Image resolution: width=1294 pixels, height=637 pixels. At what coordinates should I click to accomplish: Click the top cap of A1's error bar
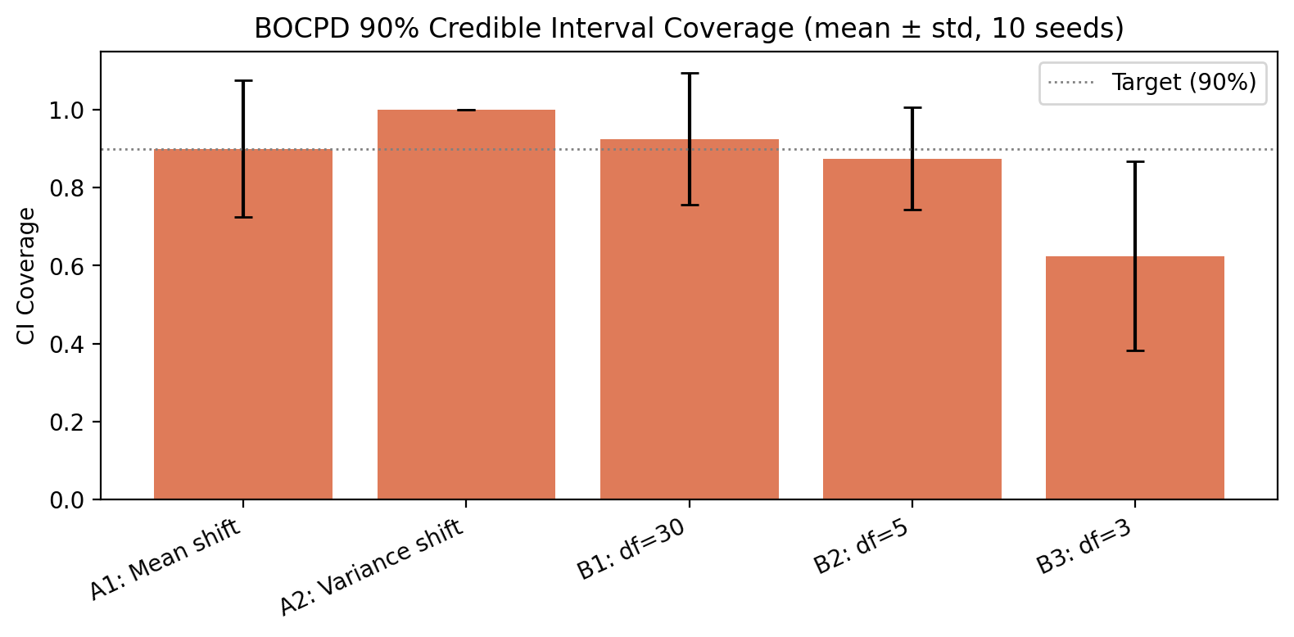point(243,81)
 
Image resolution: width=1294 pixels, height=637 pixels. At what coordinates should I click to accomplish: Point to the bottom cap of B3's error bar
point(1135,350)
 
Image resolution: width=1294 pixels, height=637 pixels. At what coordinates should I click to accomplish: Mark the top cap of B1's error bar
point(690,74)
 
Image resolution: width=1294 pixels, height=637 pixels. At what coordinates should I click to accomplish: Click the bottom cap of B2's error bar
point(912,210)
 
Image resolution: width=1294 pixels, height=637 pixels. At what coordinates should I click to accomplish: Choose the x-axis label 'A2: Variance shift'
point(373,567)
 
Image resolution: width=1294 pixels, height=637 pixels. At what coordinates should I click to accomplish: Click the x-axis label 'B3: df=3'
point(1084,547)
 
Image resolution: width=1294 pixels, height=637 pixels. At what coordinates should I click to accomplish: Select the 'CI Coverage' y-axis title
point(27,276)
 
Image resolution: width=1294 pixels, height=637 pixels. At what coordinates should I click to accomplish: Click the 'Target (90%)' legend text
point(1183,83)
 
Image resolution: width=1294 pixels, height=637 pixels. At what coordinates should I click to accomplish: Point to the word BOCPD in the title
point(292,29)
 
